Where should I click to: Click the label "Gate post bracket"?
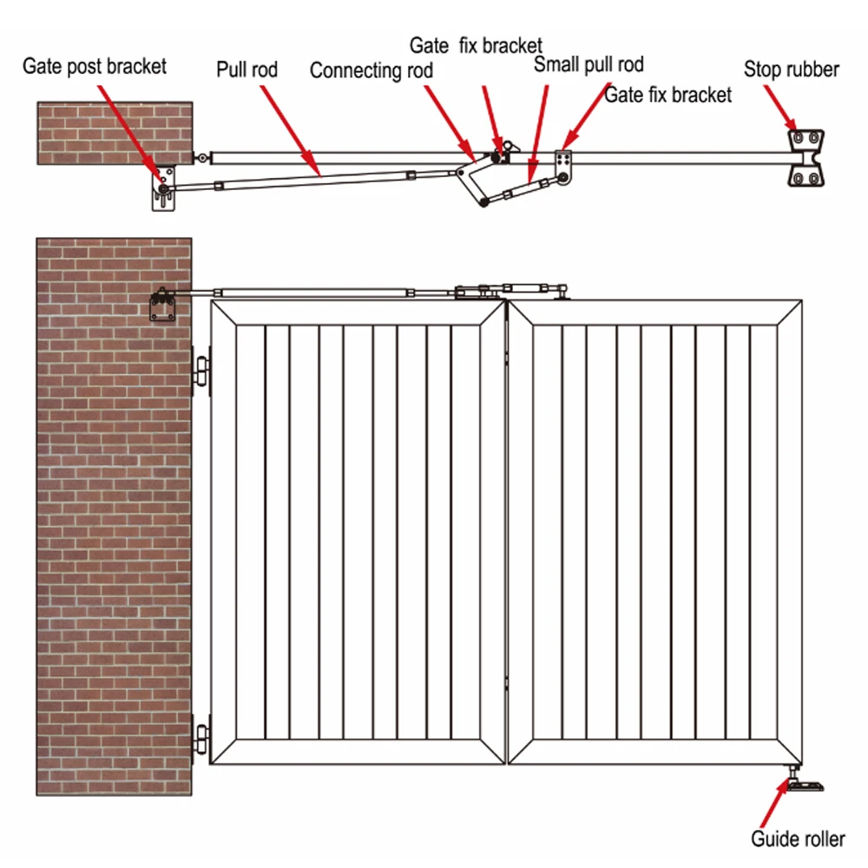pos(94,65)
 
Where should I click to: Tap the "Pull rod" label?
pos(247,69)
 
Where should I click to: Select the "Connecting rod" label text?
pos(371,70)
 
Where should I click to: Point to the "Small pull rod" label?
pos(589,64)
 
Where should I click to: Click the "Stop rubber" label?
pos(791,69)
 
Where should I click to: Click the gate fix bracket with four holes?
pos(564,161)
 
